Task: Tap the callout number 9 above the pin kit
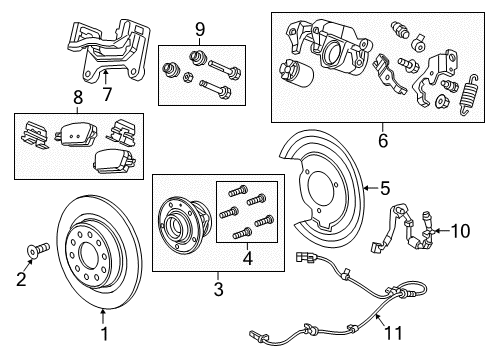[x=199, y=28]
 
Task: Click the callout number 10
[x=462, y=232]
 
